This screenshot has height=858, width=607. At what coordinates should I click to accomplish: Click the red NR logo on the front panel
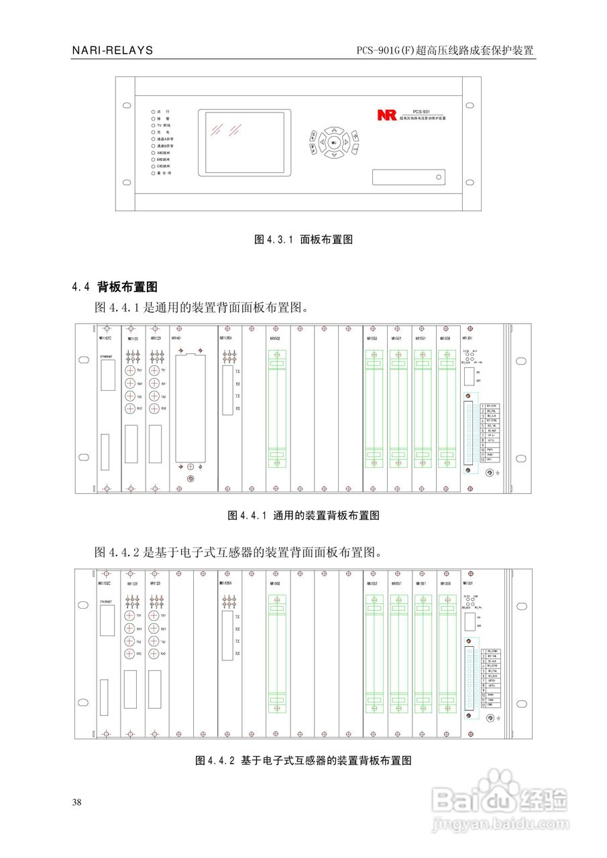click(387, 115)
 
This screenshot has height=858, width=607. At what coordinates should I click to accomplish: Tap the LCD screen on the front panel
click(244, 143)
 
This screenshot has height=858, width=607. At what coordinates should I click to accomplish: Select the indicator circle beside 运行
click(153, 111)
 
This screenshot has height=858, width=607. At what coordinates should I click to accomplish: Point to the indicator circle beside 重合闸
click(153, 173)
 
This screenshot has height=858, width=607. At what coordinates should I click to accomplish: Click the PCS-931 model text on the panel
click(421, 111)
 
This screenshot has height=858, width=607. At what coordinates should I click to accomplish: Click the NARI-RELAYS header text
click(112, 51)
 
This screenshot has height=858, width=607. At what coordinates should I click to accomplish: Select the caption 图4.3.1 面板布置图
click(303, 239)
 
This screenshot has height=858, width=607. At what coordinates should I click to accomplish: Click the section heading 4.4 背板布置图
click(115, 287)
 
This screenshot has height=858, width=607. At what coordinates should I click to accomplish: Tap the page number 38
click(77, 802)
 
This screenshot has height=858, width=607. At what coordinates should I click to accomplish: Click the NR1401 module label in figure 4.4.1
click(177, 339)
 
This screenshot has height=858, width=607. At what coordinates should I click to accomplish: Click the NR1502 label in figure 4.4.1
click(275, 339)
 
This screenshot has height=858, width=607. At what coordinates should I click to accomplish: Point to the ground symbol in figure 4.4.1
click(500, 473)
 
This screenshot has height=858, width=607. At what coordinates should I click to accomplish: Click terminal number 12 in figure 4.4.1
click(482, 460)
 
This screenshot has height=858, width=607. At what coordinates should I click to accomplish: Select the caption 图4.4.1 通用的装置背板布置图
click(304, 515)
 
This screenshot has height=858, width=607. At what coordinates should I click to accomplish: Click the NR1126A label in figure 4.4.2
click(226, 583)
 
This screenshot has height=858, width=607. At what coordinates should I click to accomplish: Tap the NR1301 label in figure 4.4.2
click(468, 584)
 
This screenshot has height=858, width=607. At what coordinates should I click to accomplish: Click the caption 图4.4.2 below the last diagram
click(302, 760)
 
